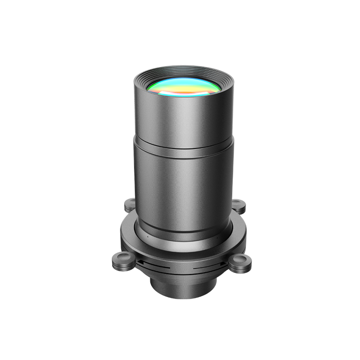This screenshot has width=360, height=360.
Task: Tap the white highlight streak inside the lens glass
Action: (180, 92)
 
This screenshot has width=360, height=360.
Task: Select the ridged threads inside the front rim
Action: (184, 72)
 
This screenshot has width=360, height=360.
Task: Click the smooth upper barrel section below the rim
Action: (184, 117)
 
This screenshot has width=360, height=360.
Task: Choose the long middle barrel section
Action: (184, 189)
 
